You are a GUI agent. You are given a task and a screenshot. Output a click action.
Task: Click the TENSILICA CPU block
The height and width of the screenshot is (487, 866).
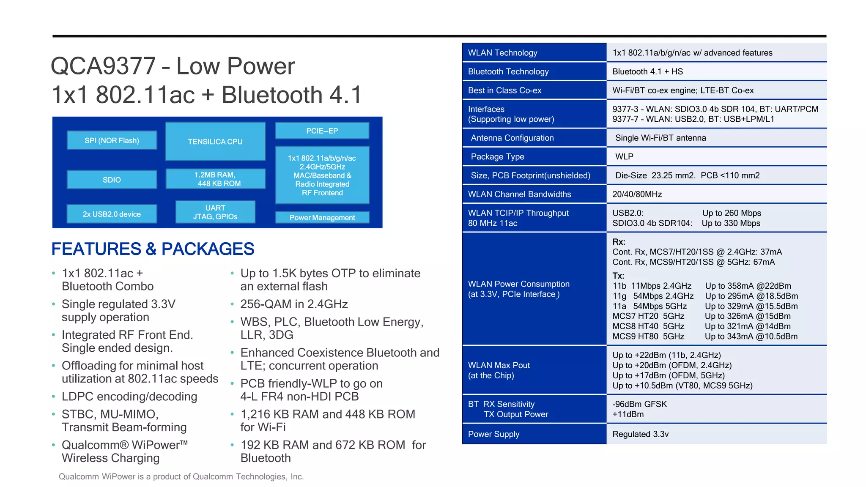coord(215,141)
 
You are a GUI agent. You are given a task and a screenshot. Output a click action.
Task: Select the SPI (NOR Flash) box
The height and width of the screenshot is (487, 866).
coord(112,140)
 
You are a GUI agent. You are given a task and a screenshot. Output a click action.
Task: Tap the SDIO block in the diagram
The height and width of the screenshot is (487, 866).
coord(112,180)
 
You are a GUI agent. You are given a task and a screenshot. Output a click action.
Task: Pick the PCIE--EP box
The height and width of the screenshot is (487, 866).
coord(322,131)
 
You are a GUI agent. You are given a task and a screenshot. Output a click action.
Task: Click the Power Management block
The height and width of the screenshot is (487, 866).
coord(322,217)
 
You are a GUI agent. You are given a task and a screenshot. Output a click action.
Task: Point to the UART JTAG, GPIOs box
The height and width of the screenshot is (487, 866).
coord(215,212)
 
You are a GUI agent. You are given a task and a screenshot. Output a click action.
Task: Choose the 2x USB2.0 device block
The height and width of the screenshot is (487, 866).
coord(112,214)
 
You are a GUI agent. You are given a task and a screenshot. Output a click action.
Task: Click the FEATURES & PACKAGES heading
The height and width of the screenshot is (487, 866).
coord(153,249)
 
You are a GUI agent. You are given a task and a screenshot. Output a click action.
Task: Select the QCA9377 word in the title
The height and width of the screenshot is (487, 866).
coord(103,66)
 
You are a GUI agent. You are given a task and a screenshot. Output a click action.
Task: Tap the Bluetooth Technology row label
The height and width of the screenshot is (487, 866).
coord(508,71)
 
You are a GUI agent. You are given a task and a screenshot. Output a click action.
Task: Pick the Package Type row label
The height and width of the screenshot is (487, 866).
coord(497,156)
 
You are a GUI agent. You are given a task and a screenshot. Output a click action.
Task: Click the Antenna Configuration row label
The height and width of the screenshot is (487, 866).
coord(512,138)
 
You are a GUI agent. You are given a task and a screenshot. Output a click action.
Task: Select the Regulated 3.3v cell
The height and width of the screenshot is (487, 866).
coord(640,434)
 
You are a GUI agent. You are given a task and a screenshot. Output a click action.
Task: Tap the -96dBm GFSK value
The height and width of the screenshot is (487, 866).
coord(639,404)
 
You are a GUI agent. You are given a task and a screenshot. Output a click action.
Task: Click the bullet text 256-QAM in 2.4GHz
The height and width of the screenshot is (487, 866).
coord(294,304)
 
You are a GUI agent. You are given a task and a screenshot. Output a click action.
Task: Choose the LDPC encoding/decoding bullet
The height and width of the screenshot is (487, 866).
coord(129,397)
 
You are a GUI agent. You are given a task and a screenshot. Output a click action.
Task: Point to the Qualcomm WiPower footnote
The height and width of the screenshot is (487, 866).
coord(181,476)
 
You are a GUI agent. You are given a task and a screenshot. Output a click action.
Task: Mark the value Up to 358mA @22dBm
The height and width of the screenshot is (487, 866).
coord(748,286)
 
